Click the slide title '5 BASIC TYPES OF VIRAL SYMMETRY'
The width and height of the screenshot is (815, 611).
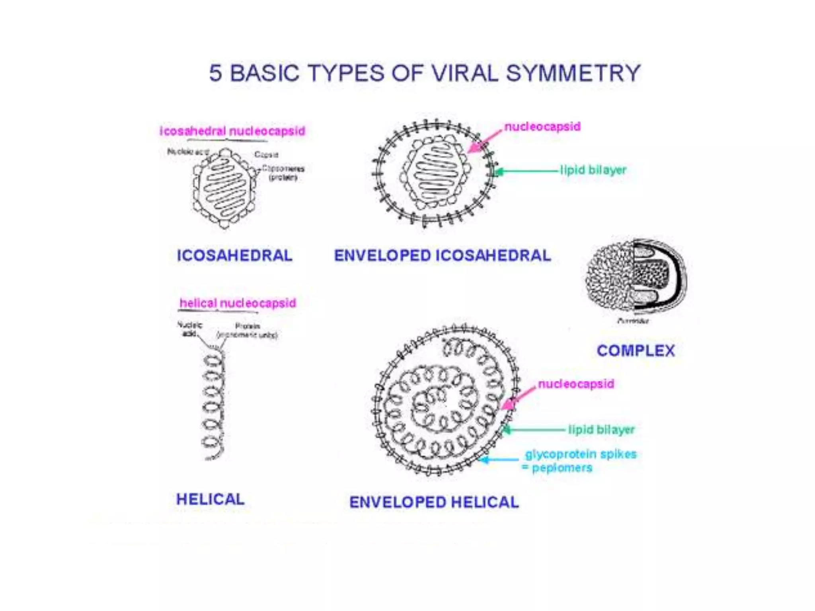[425, 73]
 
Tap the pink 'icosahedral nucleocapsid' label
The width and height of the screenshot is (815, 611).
[232, 131]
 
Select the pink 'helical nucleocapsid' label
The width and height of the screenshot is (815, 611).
[238, 303]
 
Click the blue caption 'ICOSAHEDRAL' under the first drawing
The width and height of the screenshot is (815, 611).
[234, 255]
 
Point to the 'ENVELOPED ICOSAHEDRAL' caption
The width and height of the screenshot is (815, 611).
[442, 255]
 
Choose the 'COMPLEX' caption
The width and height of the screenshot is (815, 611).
[636, 350]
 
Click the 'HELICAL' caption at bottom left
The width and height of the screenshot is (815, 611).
[210, 499]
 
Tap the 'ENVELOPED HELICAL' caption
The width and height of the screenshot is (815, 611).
[434, 502]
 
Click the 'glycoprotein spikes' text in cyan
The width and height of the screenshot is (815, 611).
[581, 454]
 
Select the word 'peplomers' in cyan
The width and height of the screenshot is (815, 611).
[562, 468]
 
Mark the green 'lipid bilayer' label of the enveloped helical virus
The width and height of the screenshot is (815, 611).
[601, 430]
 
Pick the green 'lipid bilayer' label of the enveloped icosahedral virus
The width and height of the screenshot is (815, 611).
[593, 170]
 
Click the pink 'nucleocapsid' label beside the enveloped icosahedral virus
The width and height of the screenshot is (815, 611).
[542, 126]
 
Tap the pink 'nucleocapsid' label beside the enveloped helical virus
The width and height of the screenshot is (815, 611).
[575, 384]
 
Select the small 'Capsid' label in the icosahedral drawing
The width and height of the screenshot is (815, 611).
[266, 154]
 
